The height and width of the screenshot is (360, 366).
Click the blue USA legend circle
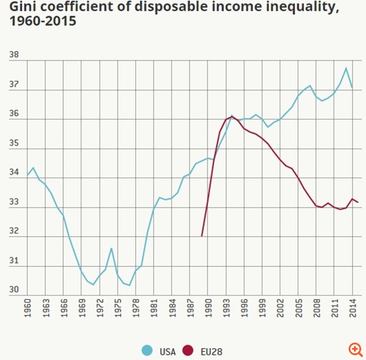point(146,351)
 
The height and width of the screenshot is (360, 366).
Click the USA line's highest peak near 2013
point(346,68)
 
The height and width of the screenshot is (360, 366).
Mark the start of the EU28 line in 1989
point(202,236)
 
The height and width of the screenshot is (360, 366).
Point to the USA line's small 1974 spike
point(112,248)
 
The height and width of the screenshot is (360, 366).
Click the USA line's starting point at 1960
point(28,175)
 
